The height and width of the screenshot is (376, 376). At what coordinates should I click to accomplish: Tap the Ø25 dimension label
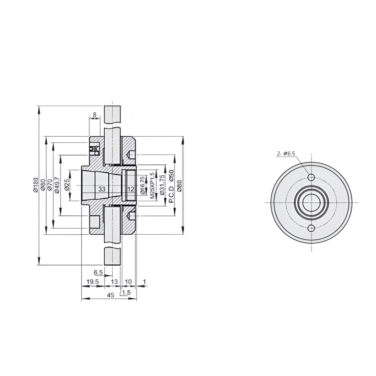pyautogui.click(x=67, y=185)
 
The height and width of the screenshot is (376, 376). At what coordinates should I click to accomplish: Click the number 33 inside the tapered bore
pyautogui.click(x=102, y=189)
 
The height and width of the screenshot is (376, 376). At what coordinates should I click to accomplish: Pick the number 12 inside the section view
pyautogui.click(x=131, y=189)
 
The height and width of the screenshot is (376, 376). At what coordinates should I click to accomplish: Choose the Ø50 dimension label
pyautogui.click(x=172, y=176)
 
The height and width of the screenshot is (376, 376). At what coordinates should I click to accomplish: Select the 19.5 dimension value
pyautogui.click(x=92, y=281)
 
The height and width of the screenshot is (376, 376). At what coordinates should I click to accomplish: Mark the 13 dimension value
pyautogui.click(x=114, y=281)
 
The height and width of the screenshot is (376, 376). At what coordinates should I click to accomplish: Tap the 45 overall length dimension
pyautogui.click(x=110, y=295)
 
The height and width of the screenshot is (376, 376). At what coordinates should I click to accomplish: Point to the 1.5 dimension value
pyautogui.click(x=126, y=293)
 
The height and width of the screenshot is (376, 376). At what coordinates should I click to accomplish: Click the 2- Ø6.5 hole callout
pyautogui.click(x=286, y=153)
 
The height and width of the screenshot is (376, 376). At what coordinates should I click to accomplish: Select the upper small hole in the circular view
pyautogui.click(x=312, y=177)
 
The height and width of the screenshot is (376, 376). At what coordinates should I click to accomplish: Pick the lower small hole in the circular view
pyautogui.click(x=312, y=228)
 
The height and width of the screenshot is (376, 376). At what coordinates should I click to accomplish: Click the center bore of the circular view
pyautogui.click(x=312, y=203)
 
